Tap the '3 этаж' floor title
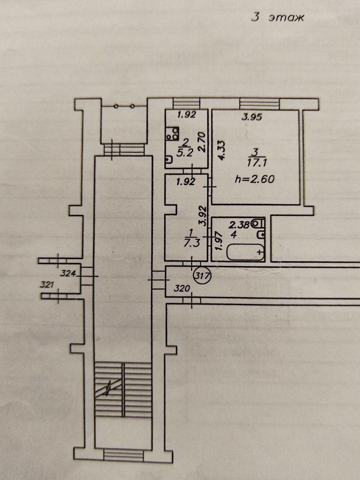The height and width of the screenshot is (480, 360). coord(277,17)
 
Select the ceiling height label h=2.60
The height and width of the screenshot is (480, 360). coord(254,179)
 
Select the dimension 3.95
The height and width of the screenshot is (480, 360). coord(252,116)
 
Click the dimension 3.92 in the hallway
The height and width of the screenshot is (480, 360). coord(203,216)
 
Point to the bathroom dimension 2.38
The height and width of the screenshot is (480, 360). coord(239,225)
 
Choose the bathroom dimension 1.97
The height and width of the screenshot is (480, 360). coord(218,241)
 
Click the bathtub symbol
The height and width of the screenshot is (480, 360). coord(245,251)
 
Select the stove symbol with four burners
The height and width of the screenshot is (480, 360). coord(172,134)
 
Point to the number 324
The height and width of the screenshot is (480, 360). coord(68,273)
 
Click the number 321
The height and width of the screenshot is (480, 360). coord(47,284)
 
